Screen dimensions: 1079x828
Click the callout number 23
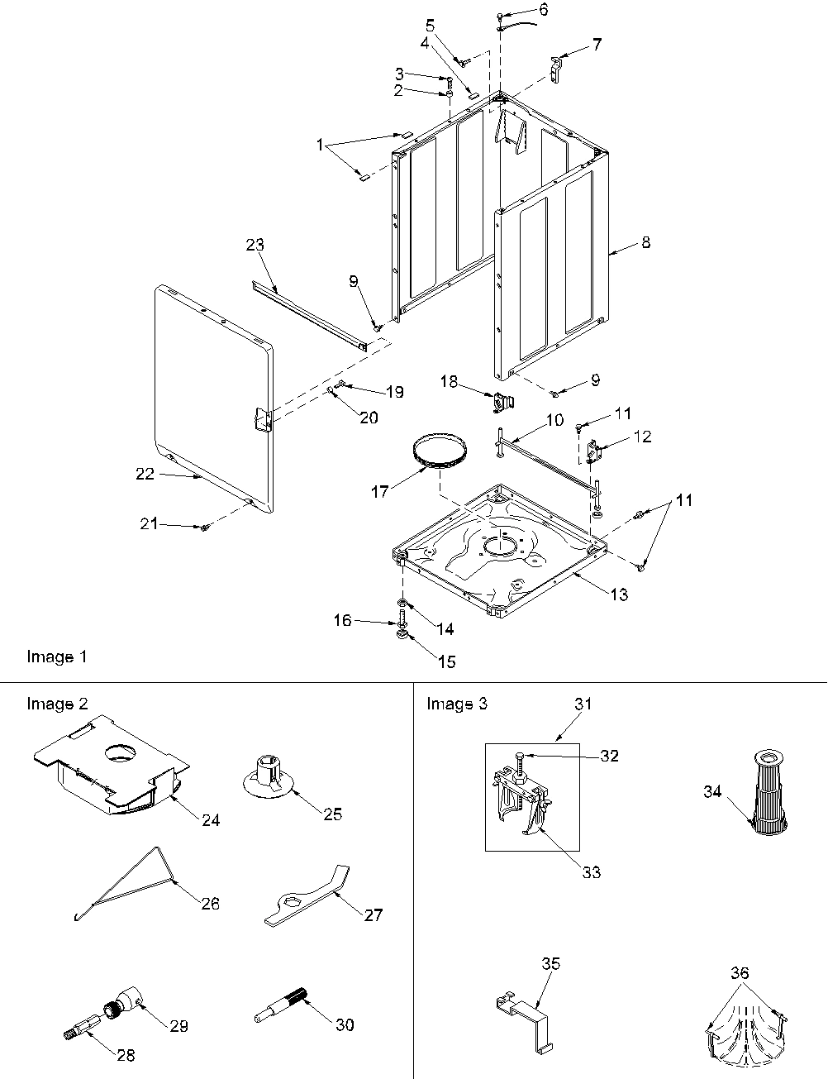pos(255,245)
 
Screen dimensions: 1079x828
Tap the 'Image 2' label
pos(57,704)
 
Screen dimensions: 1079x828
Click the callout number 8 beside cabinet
pos(645,242)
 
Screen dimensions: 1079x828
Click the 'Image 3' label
pos(456,704)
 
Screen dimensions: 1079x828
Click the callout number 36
pos(740,973)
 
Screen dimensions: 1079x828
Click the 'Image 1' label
pos(57,656)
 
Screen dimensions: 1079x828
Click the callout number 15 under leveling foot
pos(446,661)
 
